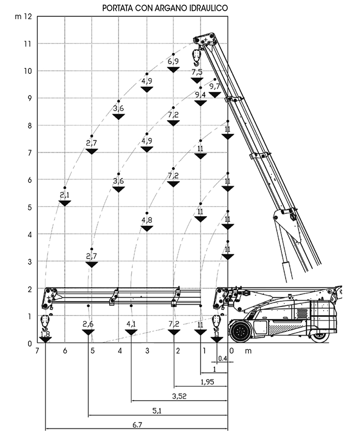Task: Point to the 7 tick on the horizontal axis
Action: point(37,351)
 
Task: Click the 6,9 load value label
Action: point(173,62)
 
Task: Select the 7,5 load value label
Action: point(197,72)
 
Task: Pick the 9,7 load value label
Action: point(215,86)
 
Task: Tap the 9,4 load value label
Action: point(200,95)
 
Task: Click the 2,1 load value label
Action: point(65,195)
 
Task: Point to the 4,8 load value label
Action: point(147,220)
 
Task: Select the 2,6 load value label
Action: point(88,324)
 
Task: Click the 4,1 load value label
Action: point(131,324)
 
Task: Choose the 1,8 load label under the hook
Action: point(45,335)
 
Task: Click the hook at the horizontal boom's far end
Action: point(45,322)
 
